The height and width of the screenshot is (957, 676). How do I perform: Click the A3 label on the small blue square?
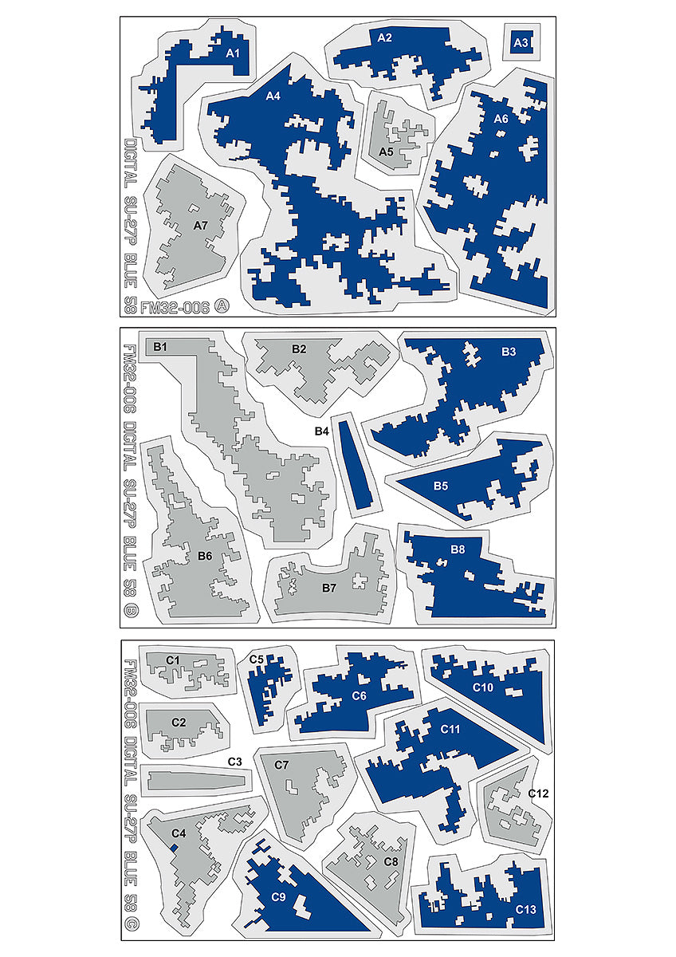coord(521,42)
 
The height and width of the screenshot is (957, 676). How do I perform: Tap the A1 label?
coord(233,53)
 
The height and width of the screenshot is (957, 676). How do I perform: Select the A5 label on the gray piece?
coord(387,151)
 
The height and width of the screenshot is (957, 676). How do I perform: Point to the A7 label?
coord(201,226)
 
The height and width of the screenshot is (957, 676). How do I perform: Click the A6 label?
coord(501,119)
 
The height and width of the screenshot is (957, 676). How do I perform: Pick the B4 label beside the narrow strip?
coord(322,431)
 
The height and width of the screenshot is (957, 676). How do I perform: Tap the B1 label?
coord(160,346)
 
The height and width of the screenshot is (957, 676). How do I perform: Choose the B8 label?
coord(458,549)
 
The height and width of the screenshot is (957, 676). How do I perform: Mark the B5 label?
coord(441,485)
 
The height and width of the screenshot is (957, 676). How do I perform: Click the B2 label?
coord(299,349)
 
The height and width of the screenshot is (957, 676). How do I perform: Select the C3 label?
coord(234,762)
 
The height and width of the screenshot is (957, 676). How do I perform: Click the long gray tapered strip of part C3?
coord(195,779)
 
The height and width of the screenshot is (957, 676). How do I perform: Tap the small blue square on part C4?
coord(175,846)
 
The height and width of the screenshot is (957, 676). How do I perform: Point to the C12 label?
coord(538,794)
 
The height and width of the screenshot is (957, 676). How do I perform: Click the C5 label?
coord(256,660)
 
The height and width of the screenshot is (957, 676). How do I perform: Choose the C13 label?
coord(525,908)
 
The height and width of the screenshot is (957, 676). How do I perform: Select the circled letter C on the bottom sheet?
coord(130,927)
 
